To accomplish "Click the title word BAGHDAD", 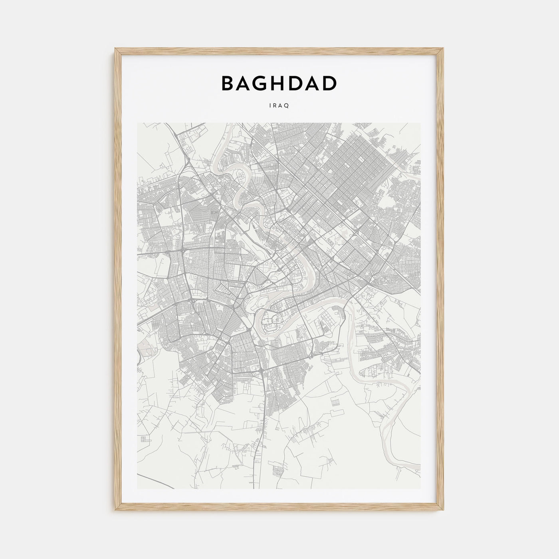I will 279,83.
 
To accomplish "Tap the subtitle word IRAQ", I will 279,106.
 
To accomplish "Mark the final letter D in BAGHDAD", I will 330,83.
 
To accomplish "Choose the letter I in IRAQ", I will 270,106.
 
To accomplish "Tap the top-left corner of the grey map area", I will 138,123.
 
